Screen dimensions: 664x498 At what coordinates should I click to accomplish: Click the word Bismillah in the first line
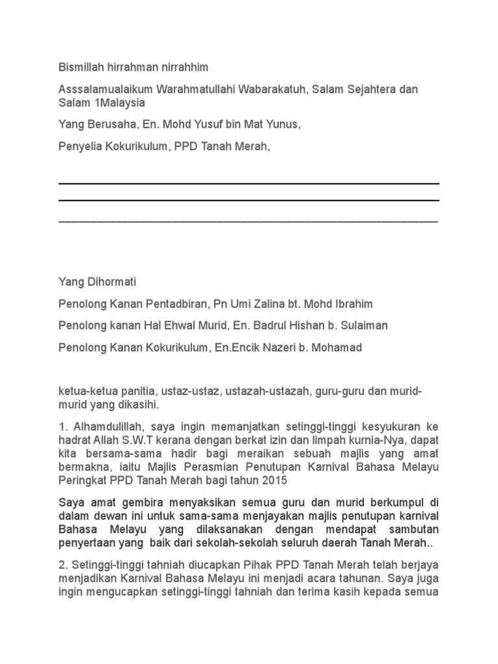(x=80, y=67)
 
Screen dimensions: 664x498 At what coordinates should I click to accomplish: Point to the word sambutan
(x=416, y=530)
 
